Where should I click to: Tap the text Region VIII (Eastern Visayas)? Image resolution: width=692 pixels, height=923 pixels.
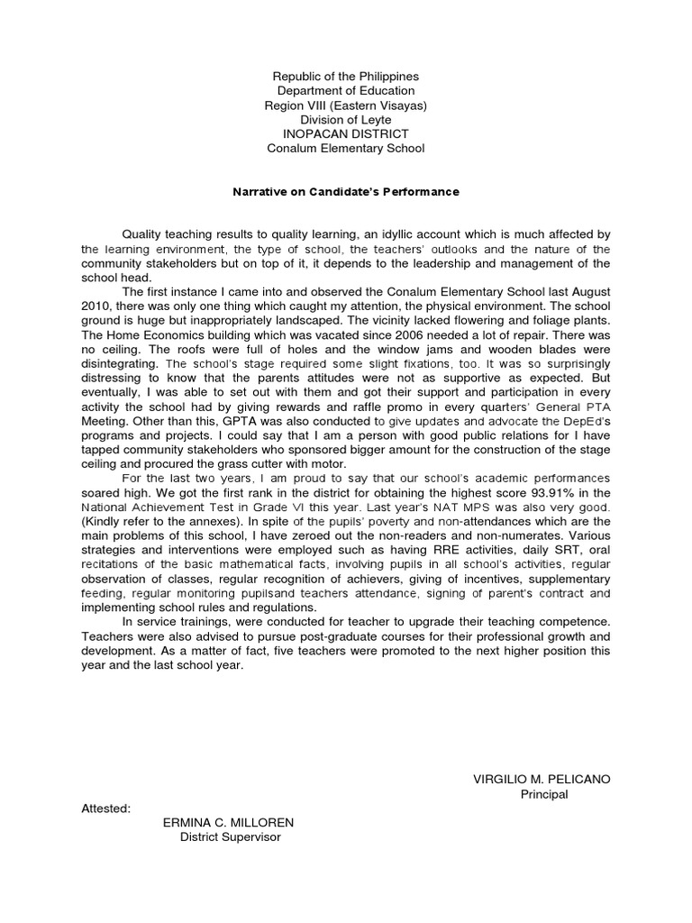[x=345, y=106]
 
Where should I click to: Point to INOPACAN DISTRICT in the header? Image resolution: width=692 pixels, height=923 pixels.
[x=345, y=134]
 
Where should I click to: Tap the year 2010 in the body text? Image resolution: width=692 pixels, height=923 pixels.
[x=96, y=306]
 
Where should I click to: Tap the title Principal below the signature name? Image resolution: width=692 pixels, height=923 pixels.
[x=544, y=794]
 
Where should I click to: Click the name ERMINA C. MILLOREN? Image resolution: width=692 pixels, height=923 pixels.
[x=228, y=823]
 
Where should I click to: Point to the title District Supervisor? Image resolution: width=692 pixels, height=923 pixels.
[x=231, y=837]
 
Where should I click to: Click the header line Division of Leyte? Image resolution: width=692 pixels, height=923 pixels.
[x=345, y=120]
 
